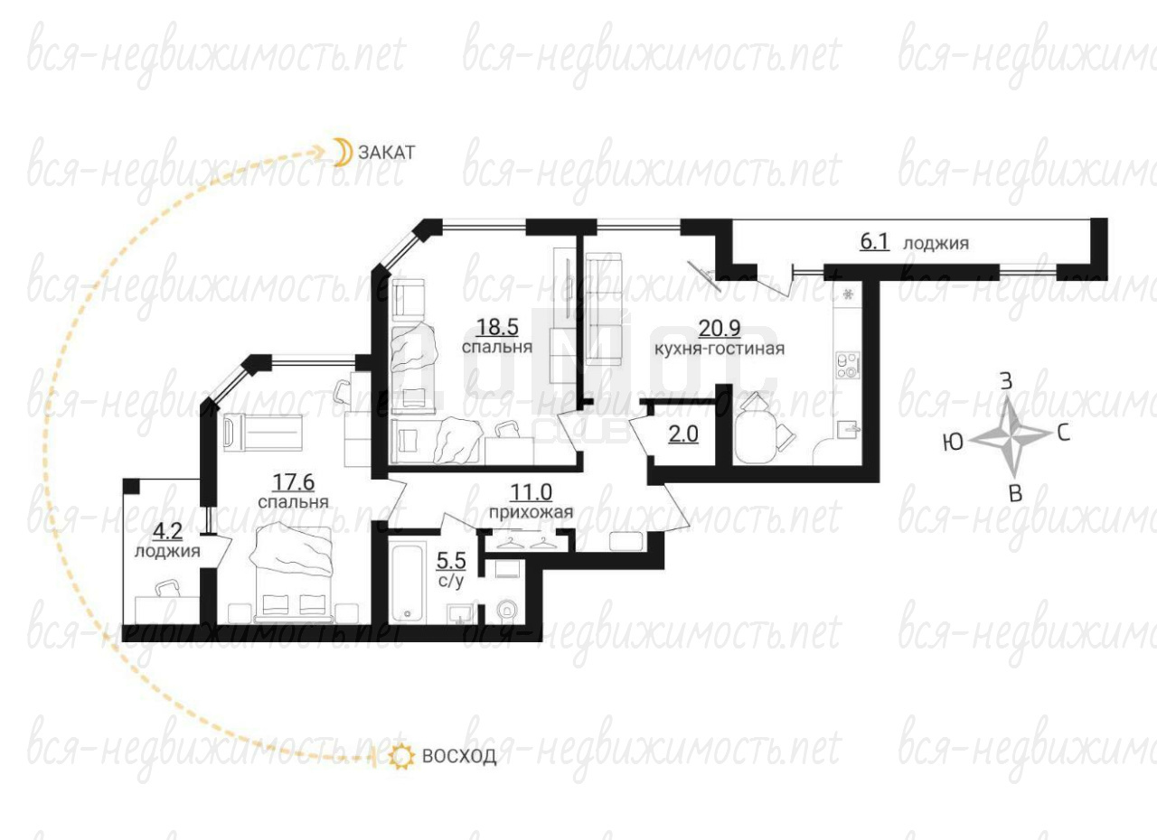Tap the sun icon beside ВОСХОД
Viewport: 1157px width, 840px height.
[401, 756]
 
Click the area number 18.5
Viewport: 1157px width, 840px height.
[497, 327]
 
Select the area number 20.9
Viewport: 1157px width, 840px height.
[720, 328]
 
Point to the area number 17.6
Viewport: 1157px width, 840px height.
[294, 482]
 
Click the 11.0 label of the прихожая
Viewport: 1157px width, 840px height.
[531, 492]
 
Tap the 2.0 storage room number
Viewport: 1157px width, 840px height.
[683, 434]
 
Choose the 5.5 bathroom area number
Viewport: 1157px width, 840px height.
[451, 560]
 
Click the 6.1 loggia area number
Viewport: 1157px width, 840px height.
[874, 241]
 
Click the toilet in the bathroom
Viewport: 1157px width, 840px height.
[506, 610]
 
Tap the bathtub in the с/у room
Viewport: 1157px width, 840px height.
[407, 582]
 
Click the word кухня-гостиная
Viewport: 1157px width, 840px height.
[720, 349]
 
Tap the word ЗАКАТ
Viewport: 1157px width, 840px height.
[387, 153]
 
